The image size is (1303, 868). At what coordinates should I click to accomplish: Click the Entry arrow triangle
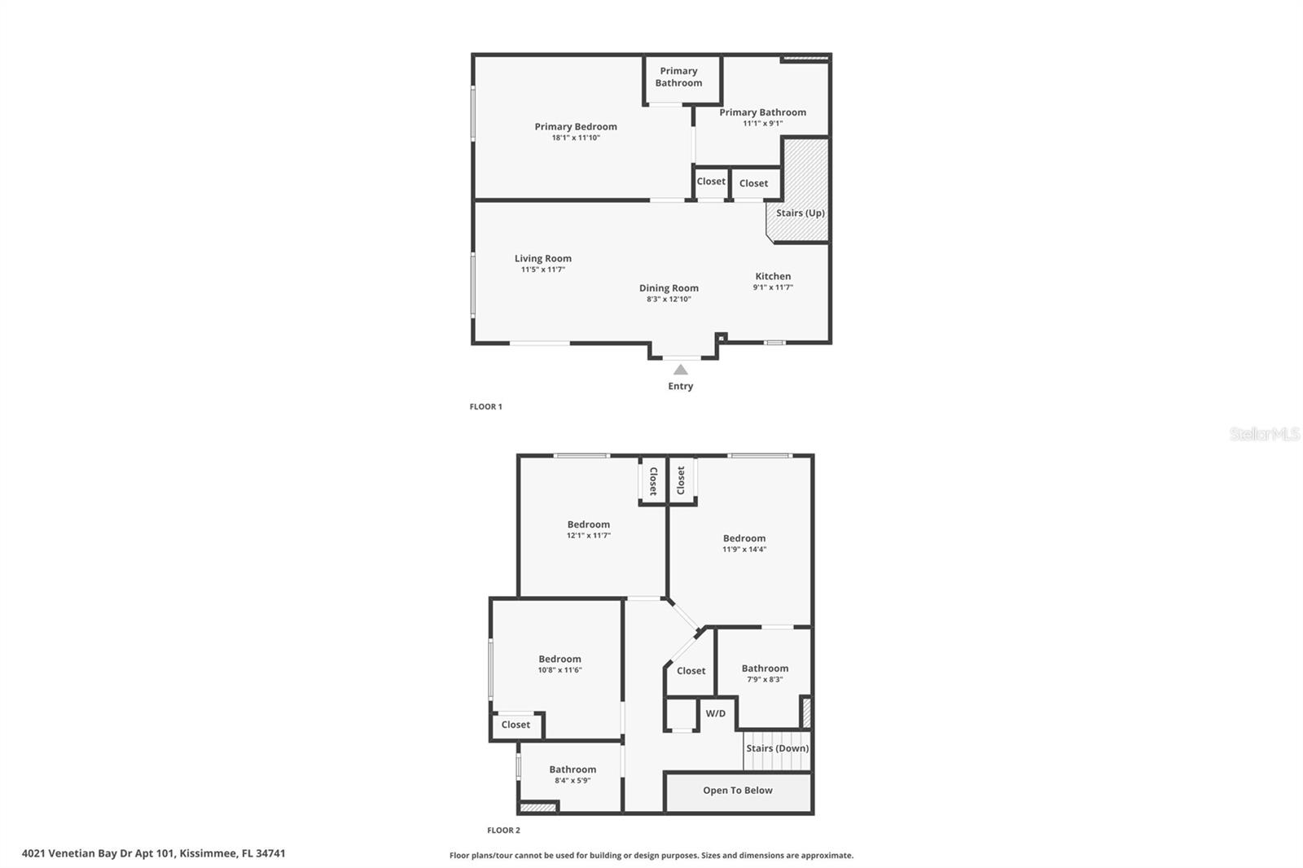pos(681,370)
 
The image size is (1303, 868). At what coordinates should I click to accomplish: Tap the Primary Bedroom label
pos(576,127)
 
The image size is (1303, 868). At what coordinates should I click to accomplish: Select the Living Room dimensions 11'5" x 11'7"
pos(542,270)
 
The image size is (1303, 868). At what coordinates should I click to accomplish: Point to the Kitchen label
pos(773,276)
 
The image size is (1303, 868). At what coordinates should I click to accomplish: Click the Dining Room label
pos(669,288)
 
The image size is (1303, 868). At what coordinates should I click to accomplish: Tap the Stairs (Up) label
pos(801,213)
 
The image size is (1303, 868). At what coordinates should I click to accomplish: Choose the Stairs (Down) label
pos(778,748)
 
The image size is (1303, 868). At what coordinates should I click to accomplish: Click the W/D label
pos(716,713)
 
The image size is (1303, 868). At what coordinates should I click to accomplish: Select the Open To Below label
pos(738,790)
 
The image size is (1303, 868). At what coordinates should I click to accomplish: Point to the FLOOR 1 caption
pos(485,406)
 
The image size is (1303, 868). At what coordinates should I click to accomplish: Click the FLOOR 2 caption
pos(504,831)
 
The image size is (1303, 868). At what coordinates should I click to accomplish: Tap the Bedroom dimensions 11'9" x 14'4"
pos(744,549)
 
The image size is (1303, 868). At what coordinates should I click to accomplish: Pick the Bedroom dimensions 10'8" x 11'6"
pos(559,669)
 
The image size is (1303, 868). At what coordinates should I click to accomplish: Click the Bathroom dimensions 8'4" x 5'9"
pos(573,781)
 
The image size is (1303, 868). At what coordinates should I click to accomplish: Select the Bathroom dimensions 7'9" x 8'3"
pos(765,679)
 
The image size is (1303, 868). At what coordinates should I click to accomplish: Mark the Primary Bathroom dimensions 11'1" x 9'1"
pos(762,123)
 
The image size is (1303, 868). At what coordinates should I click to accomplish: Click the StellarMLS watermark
pos(1264,434)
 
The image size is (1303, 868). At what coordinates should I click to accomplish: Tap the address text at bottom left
pos(154,853)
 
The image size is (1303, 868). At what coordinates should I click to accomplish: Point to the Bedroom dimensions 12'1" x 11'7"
pos(589,535)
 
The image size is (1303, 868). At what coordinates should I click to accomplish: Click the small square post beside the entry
pos(722,337)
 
